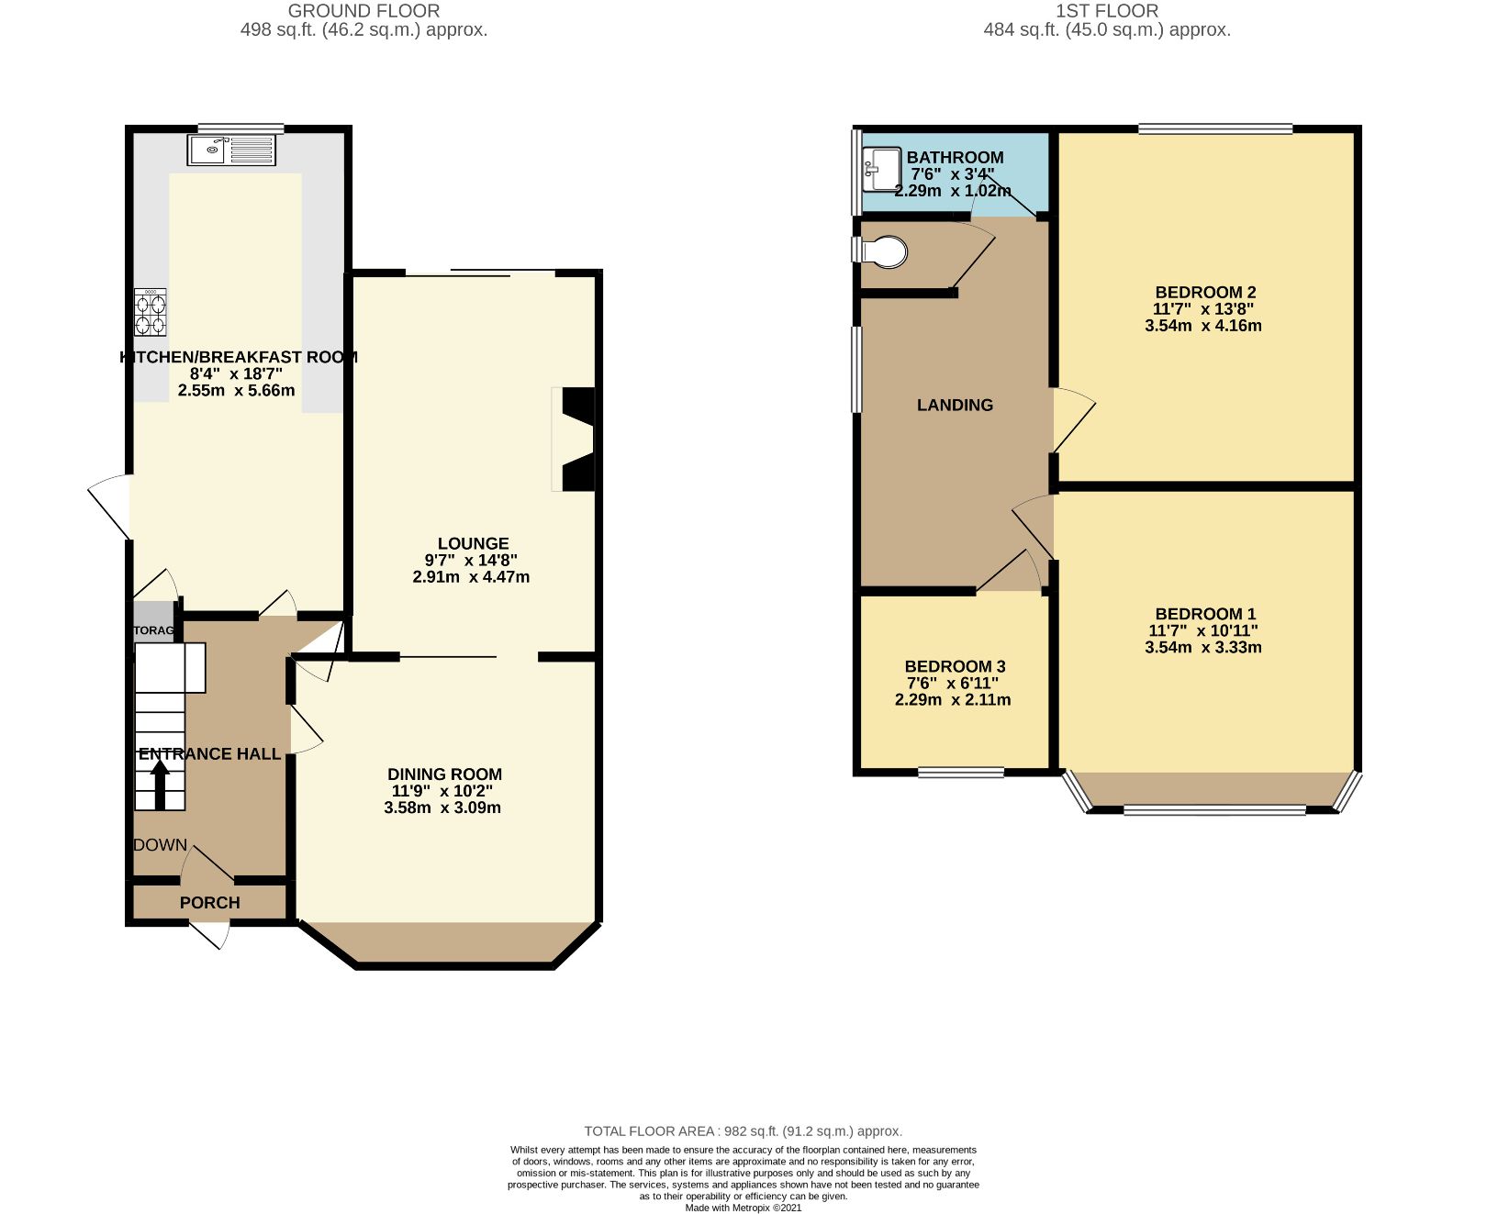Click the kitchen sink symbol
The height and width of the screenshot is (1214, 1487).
(x=231, y=150)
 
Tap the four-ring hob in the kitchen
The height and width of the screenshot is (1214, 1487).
(x=151, y=312)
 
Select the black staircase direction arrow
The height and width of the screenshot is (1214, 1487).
(x=160, y=786)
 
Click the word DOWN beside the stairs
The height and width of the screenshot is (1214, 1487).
(x=161, y=845)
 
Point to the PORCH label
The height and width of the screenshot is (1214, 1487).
(x=209, y=903)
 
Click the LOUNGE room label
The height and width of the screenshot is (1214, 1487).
(x=473, y=543)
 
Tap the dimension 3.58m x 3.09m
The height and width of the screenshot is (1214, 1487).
(x=442, y=807)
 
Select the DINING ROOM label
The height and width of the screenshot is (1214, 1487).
(x=444, y=774)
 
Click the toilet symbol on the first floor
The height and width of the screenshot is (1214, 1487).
(x=883, y=251)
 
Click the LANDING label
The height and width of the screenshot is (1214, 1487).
(x=955, y=405)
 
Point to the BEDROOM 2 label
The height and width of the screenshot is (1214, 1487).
(x=1205, y=292)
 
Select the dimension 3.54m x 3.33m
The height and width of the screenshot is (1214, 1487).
(x=1202, y=647)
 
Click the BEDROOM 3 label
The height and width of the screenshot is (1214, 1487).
(x=955, y=666)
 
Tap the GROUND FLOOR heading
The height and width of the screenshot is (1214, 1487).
(x=363, y=11)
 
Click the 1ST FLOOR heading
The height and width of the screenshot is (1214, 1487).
(x=1106, y=11)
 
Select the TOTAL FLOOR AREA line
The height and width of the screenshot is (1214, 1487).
(x=743, y=1131)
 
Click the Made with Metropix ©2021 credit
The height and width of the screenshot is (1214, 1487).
(x=743, y=1208)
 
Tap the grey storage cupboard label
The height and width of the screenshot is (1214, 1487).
(x=153, y=630)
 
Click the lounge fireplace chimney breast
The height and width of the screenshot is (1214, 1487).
(x=577, y=439)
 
